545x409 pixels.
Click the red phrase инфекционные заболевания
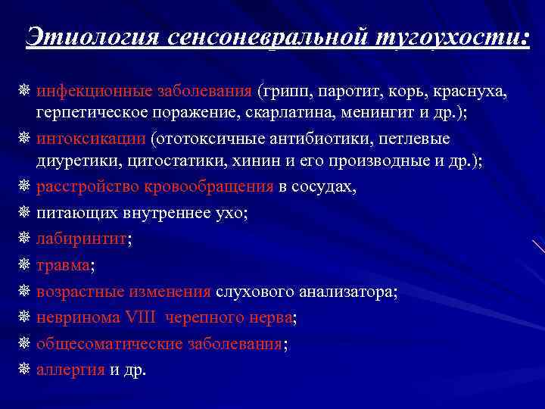tap(144, 92)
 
